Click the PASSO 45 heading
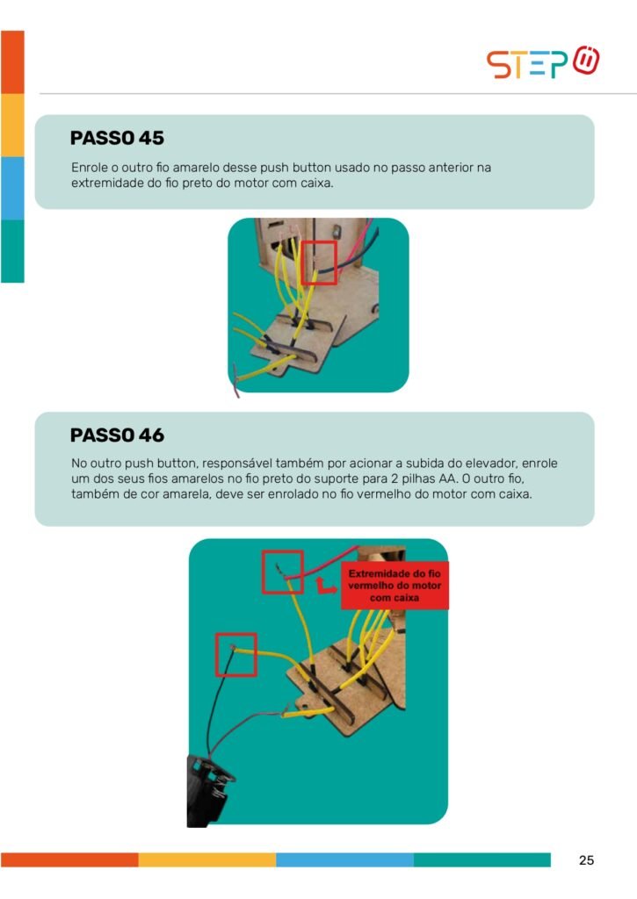click(x=117, y=138)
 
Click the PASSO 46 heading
click(x=117, y=435)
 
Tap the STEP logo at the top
click(x=543, y=62)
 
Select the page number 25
click(x=586, y=860)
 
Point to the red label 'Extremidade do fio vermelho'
click(x=395, y=586)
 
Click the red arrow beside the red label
click(x=325, y=586)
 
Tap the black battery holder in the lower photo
click(x=207, y=791)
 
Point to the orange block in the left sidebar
click(x=12, y=62)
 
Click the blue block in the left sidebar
click(x=12, y=188)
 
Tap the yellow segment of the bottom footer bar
click(x=207, y=860)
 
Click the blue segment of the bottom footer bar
click(x=345, y=860)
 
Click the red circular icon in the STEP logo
click(x=587, y=61)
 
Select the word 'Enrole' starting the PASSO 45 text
click(x=90, y=168)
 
